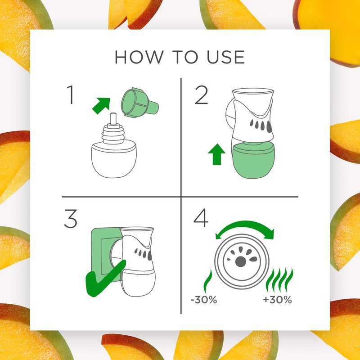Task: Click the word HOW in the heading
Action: pyautogui.click(x=133, y=58)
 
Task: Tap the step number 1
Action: pyautogui.click(x=70, y=95)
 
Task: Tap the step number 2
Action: pyautogui.click(x=201, y=95)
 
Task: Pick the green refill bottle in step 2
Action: pyautogui.click(x=254, y=160)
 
